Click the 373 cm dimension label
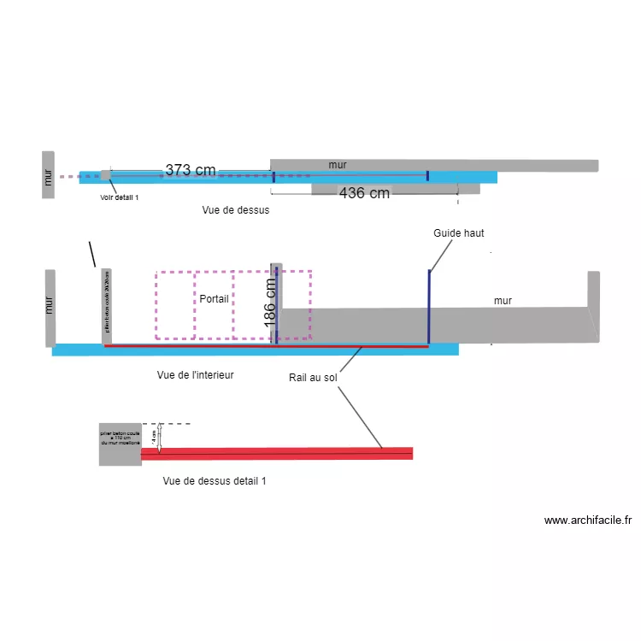pyautogui.click(x=190, y=170)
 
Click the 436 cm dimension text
pyautogui.click(x=364, y=193)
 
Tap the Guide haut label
pyautogui.click(x=459, y=232)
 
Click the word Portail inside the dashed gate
pyautogui.click(x=214, y=299)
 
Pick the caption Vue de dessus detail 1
pyautogui.click(x=214, y=481)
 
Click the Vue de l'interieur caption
pyautogui.click(x=196, y=374)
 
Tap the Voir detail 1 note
pyautogui.click(x=119, y=197)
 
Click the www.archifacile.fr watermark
pyautogui.click(x=587, y=520)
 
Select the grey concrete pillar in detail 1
pyautogui.click(x=120, y=444)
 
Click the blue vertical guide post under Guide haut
pyautogui.click(x=429, y=305)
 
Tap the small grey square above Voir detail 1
pyautogui.click(x=105, y=175)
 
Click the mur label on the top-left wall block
pyautogui.click(x=49, y=176)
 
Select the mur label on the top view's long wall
pyautogui.click(x=338, y=164)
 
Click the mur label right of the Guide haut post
pyautogui.click(x=503, y=301)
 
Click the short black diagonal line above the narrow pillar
pyautogui.click(x=92, y=254)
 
